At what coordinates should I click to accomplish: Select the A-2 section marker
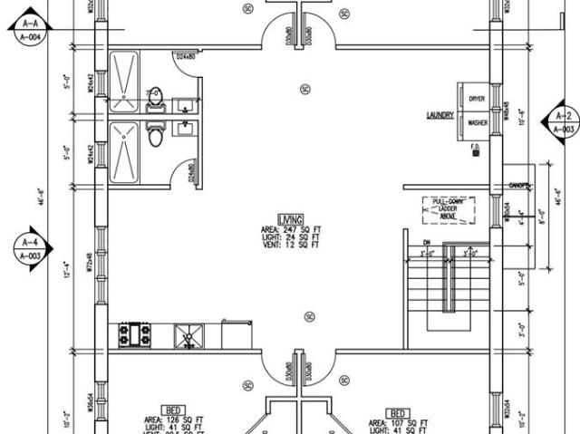point(562,122)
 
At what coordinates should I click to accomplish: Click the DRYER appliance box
point(476,98)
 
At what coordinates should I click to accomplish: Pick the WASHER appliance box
point(476,122)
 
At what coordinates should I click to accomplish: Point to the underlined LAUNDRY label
point(440,115)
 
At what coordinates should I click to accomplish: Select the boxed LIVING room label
point(290,220)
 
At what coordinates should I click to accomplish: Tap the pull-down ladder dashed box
point(448,209)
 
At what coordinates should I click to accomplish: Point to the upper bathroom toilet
point(155,93)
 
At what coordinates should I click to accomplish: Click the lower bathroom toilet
point(155,136)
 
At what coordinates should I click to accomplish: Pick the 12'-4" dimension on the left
point(65,269)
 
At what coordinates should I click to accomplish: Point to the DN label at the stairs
point(426,242)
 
